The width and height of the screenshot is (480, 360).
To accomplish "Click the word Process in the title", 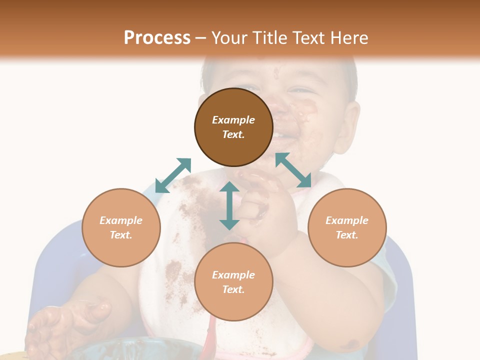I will click(x=157, y=38).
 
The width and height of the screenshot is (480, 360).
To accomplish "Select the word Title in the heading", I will click(x=269, y=38).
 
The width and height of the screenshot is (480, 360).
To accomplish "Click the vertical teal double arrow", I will click(x=229, y=205).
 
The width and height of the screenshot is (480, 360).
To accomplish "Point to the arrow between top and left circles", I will click(x=173, y=175).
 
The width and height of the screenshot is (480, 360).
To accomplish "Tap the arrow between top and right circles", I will click(x=293, y=170).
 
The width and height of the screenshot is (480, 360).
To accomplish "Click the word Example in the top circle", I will click(x=233, y=120).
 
